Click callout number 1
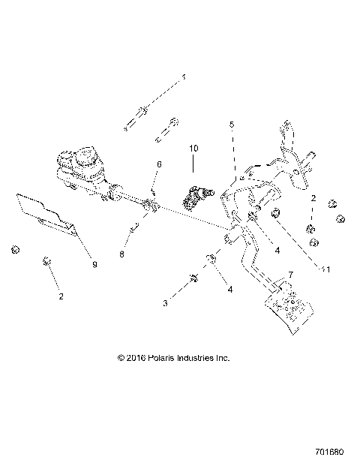pos(182,77)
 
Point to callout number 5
pos(232,125)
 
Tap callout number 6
pos(158,164)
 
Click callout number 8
pos(121,254)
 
